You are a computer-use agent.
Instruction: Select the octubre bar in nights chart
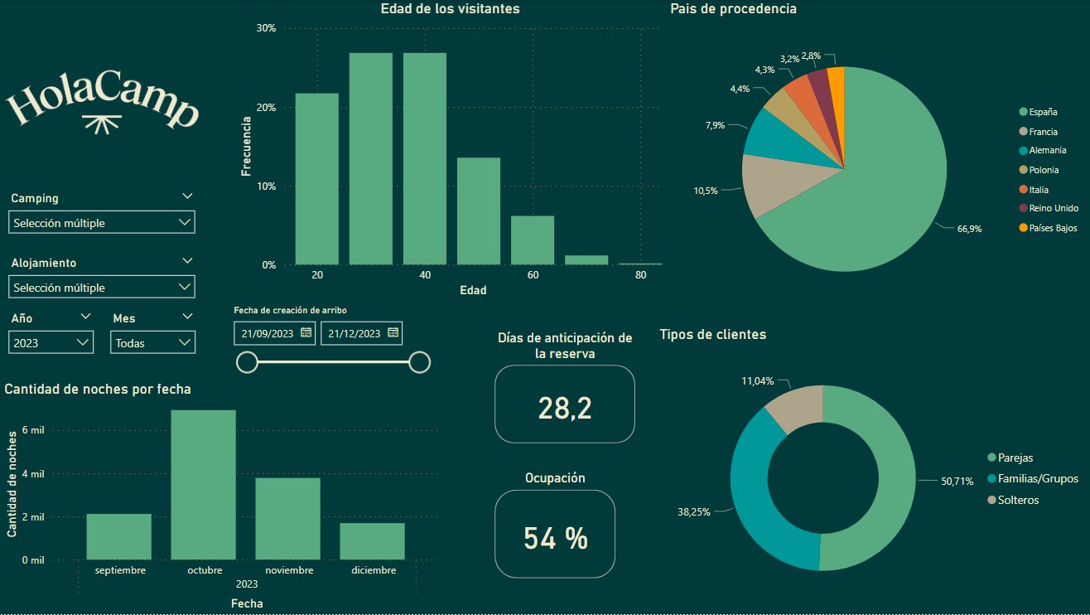203,485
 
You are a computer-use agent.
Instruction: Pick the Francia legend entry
1042,131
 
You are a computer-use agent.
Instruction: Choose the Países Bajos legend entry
1053,227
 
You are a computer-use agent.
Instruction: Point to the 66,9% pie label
969,228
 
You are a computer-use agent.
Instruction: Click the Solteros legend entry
1018,500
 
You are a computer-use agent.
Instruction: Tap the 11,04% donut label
757,381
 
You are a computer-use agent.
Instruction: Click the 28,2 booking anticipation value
564,408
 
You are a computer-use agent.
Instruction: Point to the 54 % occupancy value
555,538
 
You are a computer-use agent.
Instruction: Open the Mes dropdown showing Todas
152,342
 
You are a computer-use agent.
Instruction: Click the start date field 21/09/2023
267,333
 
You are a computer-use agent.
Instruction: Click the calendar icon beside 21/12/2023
393,332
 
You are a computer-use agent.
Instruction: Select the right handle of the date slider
420,362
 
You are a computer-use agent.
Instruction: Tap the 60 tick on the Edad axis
533,275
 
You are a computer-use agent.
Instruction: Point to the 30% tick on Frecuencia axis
266,28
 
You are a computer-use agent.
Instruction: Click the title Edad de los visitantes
450,9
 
